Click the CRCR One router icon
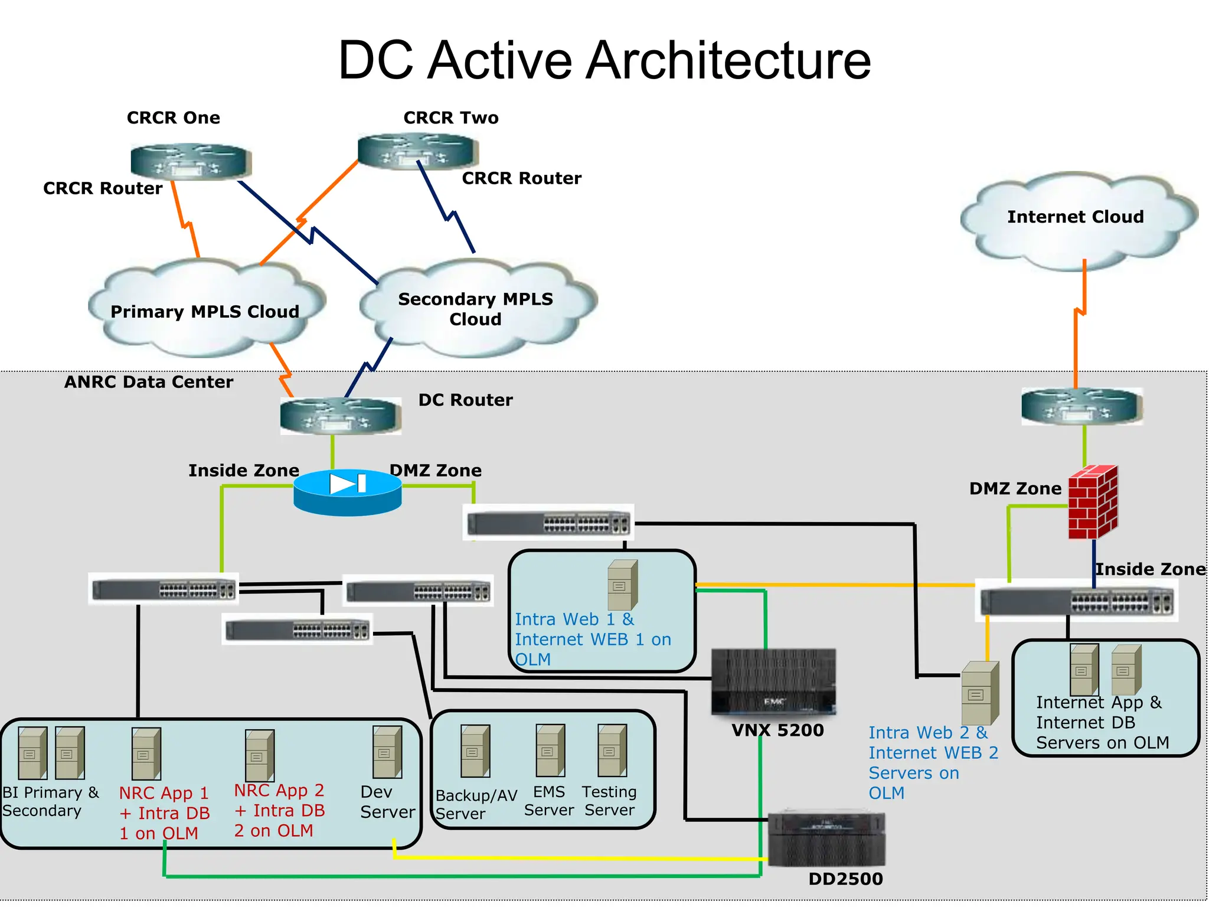190,161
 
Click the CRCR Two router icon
417,151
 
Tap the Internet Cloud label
1075,217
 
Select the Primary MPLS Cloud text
205,311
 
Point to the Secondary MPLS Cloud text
475,309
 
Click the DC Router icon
341,416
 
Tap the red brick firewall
1093,502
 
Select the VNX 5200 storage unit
773,682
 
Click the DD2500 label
845,879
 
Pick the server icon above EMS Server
550,751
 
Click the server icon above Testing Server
612,751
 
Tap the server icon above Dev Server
387,752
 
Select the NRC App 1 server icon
146,754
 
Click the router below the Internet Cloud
1081,406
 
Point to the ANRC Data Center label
149,382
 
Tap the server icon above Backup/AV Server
475,751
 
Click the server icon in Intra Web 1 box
623,585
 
